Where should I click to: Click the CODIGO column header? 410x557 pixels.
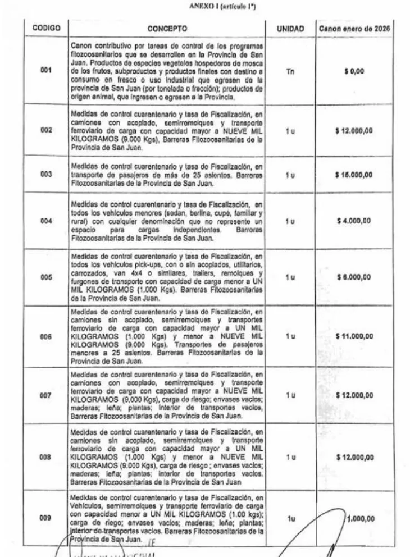(46, 28)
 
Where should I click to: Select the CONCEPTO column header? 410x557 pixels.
(167, 28)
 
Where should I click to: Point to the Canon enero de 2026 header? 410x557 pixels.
(354, 28)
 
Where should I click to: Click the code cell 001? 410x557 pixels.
(46, 71)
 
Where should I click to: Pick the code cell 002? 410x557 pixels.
(46, 130)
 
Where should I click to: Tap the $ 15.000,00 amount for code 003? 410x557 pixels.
(354, 175)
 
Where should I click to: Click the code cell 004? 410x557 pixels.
(46, 221)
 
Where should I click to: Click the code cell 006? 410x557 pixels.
(46, 336)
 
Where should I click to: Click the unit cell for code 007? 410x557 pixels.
(290, 395)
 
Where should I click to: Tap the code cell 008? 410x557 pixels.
(46, 457)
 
